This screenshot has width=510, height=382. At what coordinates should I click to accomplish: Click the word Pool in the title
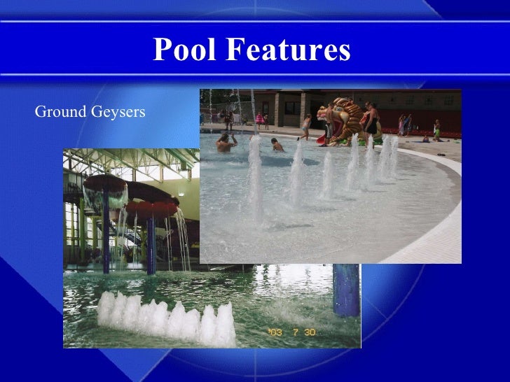[184, 50]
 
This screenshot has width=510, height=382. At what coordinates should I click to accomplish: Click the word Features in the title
[287, 50]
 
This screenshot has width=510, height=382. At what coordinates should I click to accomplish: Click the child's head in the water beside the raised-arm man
[277, 145]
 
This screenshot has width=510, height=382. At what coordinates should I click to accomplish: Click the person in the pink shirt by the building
[260, 119]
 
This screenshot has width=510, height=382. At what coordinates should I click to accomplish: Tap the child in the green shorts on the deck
[436, 130]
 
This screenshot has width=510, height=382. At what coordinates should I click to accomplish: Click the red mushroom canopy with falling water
[151, 208]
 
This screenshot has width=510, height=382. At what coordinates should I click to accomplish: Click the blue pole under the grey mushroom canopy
[106, 231]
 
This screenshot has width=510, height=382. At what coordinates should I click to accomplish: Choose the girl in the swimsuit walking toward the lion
[306, 127]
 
